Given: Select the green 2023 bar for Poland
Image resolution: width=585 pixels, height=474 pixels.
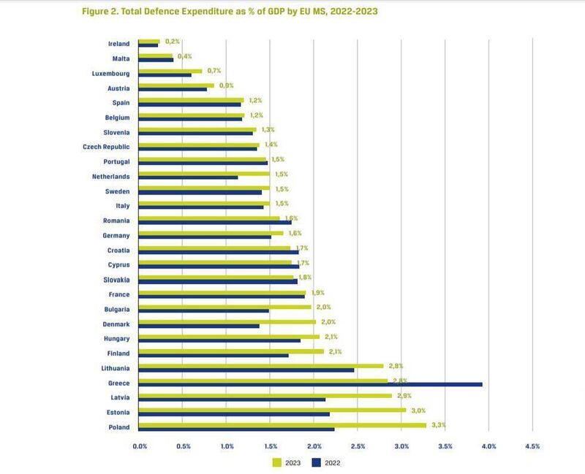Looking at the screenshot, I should click(282, 424).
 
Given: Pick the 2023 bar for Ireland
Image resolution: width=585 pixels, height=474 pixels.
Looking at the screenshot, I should click(149, 42).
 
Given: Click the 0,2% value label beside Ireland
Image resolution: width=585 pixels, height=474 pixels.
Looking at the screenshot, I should click(172, 41).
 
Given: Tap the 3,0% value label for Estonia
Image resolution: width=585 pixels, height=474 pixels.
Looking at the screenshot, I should click(415, 410).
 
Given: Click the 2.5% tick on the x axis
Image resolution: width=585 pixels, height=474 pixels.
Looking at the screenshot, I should click(358, 446).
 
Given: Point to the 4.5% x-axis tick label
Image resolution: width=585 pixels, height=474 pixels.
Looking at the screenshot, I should click(532, 446).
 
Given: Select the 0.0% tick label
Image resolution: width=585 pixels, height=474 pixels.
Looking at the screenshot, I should click(139, 446).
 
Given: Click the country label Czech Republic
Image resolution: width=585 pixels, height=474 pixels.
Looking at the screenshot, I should click(106, 147).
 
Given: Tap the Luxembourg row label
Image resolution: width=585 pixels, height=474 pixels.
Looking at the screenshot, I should click(110, 73).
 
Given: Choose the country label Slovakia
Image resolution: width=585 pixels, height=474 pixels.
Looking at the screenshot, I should click(116, 280).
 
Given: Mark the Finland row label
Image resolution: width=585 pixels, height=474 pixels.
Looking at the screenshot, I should click(118, 353).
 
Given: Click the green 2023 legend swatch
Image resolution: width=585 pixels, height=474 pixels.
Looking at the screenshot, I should click(277, 462).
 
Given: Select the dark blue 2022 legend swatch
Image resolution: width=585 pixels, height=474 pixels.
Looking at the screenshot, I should click(316, 462).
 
